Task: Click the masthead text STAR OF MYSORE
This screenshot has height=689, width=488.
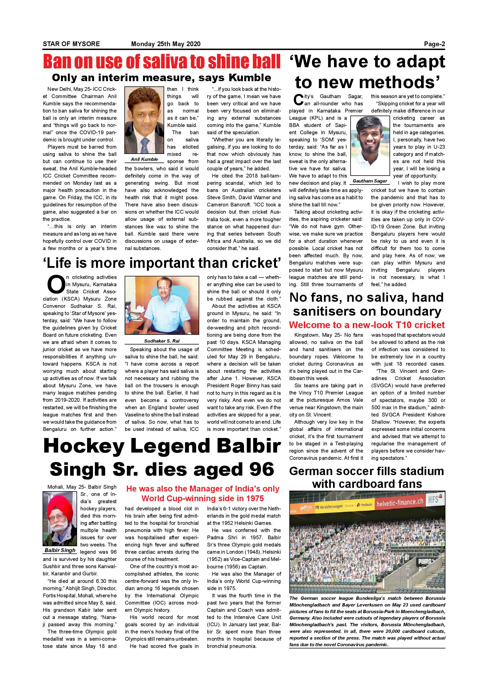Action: [71, 44]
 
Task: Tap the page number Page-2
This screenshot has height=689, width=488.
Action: [434, 44]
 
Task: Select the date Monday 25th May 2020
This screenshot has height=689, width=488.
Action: [166, 44]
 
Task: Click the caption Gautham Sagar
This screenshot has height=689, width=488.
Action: [369, 181]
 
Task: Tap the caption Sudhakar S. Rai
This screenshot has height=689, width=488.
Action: [162, 341]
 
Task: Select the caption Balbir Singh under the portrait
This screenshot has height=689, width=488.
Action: [60, 550]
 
